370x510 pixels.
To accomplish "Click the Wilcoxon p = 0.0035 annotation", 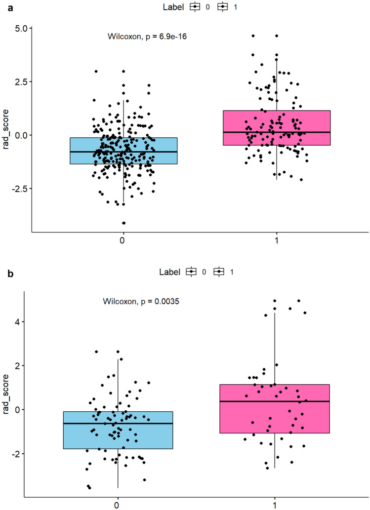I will [141, 301].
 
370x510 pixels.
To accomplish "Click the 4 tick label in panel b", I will [24, 321].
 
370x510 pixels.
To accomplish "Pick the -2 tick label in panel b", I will [22, 453].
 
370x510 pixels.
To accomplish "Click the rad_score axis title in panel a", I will [6, 129].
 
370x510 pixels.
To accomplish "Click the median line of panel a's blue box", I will [123, 152].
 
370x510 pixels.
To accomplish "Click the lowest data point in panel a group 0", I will [123, 223].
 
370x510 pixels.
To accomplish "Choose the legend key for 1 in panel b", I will [220, 272].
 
